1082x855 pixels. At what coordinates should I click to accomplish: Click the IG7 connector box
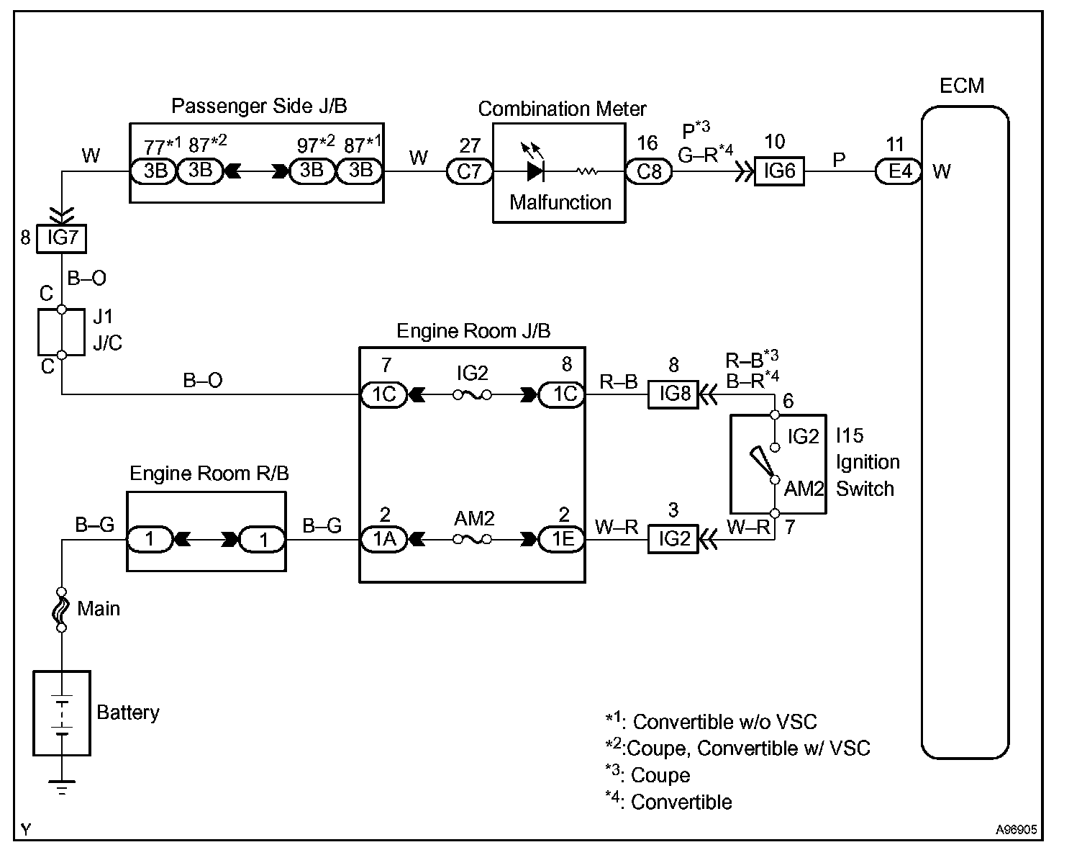coord(62,238)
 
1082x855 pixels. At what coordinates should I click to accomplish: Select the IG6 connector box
coord(778,172)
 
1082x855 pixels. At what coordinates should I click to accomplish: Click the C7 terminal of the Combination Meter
coord(469,172)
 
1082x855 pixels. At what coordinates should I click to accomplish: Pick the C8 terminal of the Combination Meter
coord(648,172)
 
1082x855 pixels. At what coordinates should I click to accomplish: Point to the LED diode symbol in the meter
coord(535,171)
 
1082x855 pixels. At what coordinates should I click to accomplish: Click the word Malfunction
coord(560,202)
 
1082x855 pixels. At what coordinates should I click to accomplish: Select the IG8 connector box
coord(673,394)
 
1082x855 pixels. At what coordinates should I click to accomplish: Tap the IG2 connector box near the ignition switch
coord(673,539)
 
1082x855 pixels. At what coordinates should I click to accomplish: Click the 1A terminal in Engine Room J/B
coord(384,539)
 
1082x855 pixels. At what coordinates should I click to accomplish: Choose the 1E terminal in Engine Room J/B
coord(562,539)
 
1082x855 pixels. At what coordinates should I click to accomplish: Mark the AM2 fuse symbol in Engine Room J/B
coord(473,539)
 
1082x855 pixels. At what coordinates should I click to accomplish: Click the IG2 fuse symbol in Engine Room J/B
coord(473,394)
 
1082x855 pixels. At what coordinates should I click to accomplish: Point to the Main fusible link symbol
coord(62,609)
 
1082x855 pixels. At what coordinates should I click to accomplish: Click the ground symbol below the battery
coord(63,787)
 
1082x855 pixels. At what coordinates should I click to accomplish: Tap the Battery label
coord(127,712)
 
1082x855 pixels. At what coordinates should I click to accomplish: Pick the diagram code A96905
coord(1017,830)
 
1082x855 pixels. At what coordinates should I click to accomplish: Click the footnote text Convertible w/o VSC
coord(724,722)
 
